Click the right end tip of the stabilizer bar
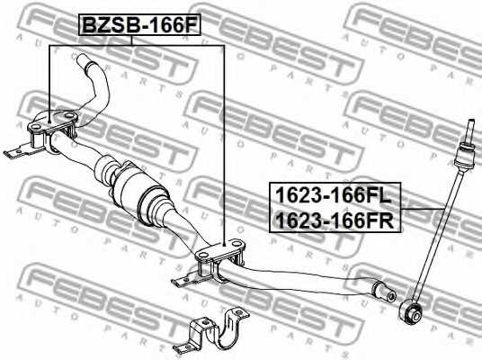coord(385,292)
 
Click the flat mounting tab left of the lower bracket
coord(182,281)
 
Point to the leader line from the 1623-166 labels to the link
coord(423,209)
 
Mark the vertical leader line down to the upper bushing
coord(48,81)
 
